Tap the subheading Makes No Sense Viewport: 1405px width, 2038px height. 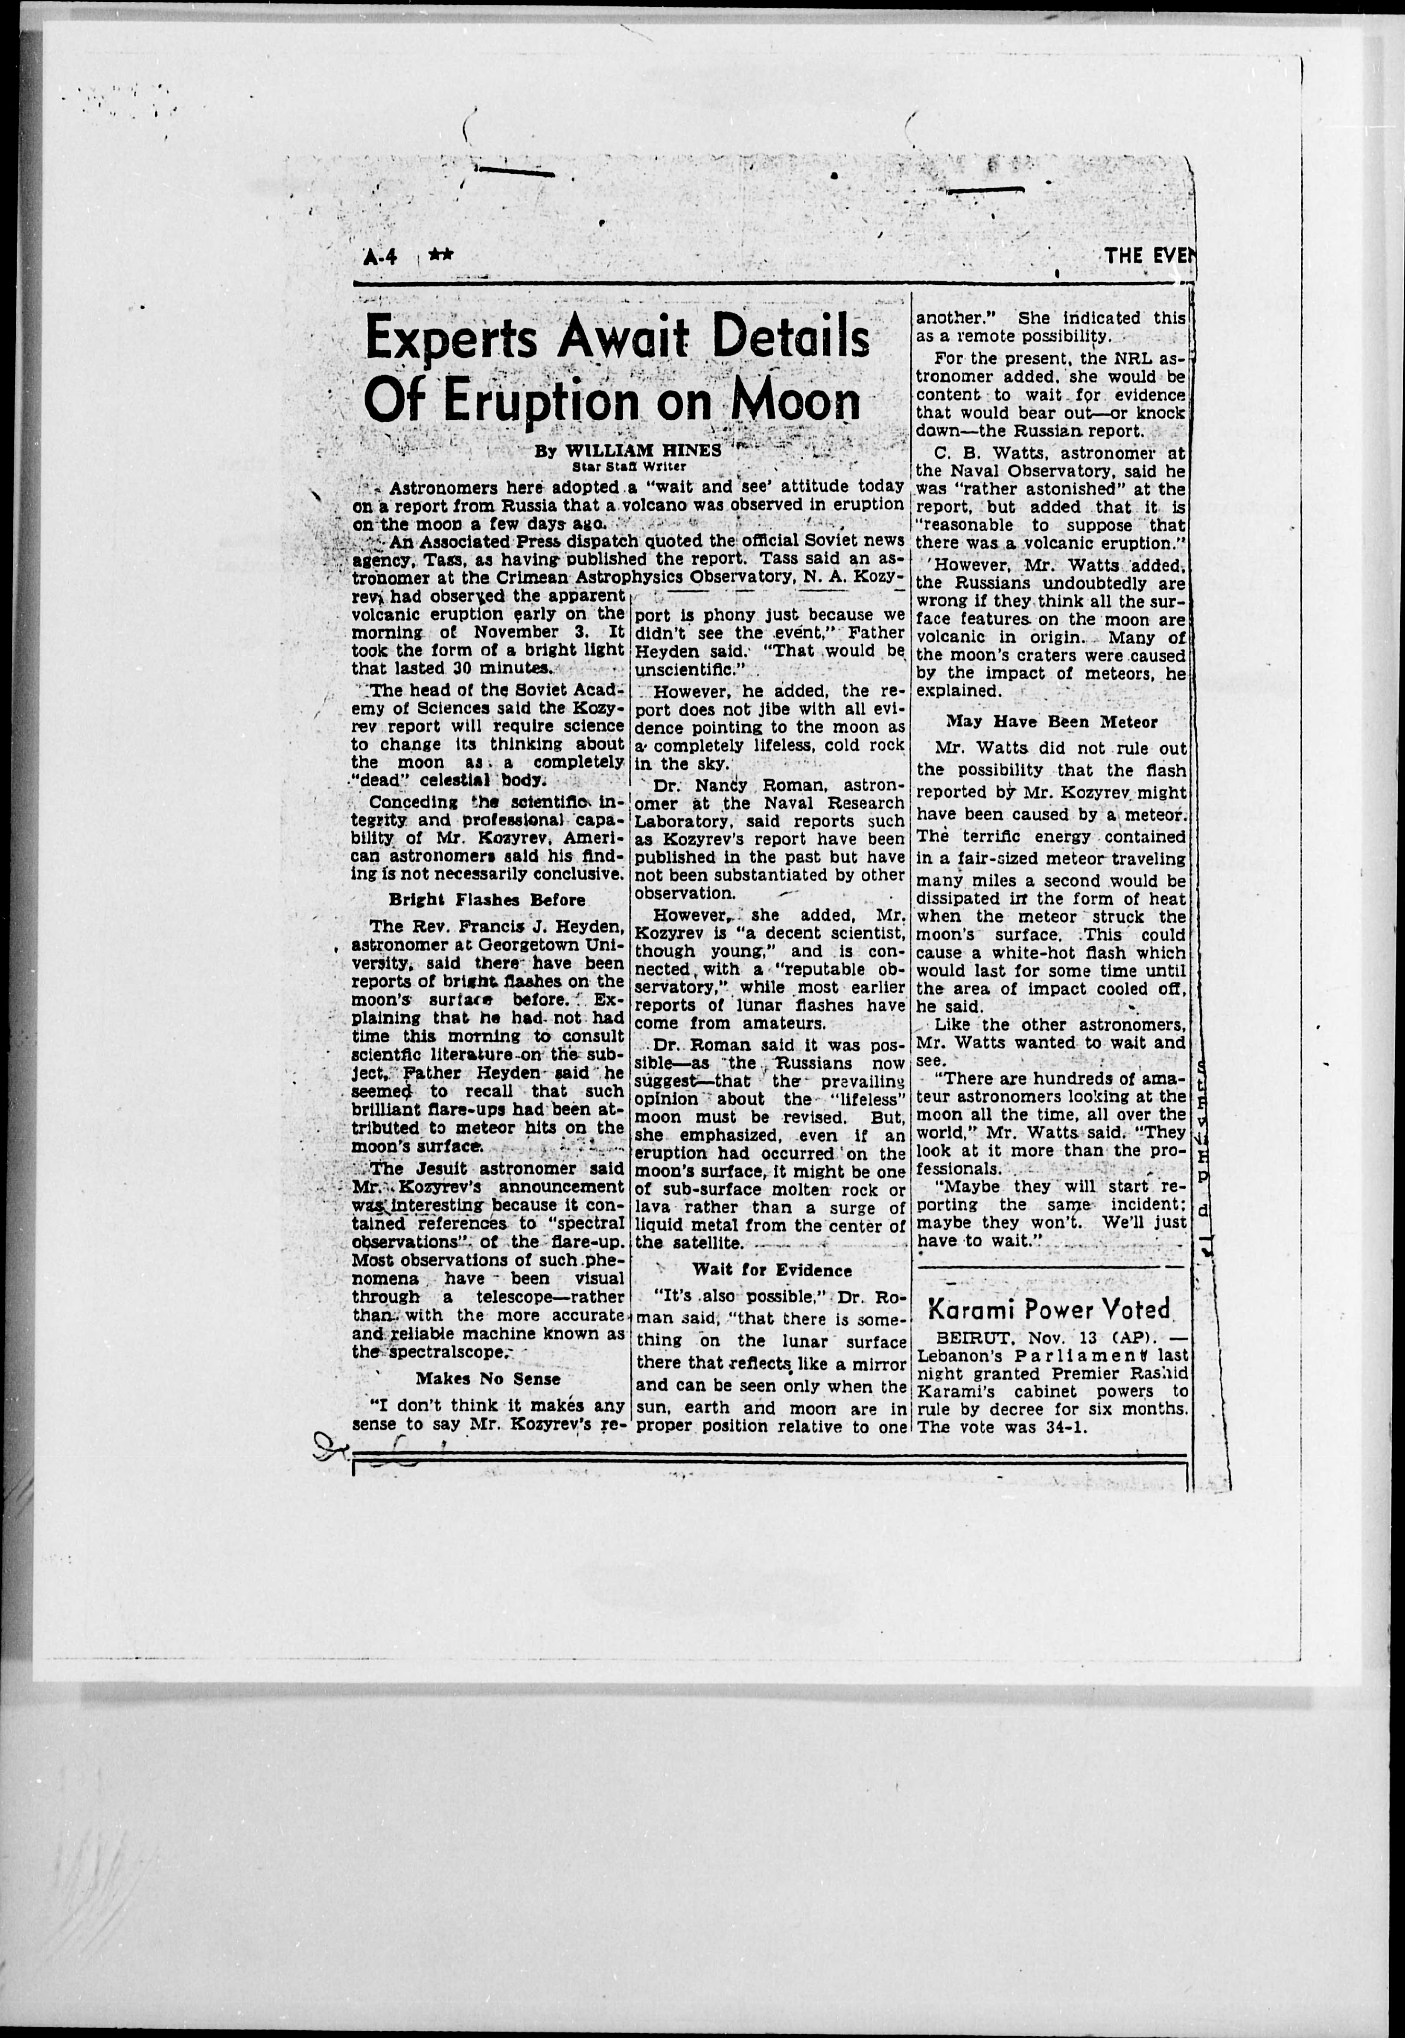[x=488, y=1378]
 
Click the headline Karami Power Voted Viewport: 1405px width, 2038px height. [x=1049, y=1309]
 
